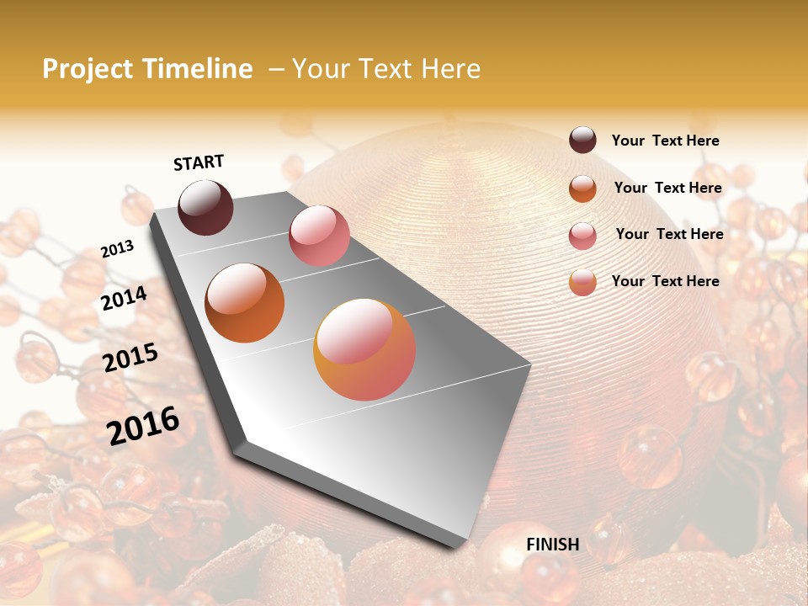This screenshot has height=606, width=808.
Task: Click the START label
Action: coord(199,162)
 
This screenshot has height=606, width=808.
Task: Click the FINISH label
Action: coord(552,545)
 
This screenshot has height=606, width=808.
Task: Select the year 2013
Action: coord(117,249)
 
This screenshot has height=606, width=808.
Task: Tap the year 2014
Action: coord(124,298)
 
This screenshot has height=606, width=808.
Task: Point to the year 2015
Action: coord(130,358)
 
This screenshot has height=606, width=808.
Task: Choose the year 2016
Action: coord(143,425)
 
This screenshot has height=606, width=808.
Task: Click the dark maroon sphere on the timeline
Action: coord(205,207)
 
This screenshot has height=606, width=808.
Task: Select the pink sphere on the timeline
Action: coord(319,236)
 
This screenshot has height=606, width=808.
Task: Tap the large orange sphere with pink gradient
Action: coord(364,349)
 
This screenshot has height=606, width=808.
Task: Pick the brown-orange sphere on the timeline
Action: coord(244,303)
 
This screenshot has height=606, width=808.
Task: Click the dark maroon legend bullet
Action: coord(582,141)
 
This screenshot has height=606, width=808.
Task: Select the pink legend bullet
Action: coord(582,236)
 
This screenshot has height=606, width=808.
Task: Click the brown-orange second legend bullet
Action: coord(582,189)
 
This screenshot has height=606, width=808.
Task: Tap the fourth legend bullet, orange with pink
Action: coord(582,282)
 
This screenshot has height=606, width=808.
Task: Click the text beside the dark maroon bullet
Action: coord(665,141)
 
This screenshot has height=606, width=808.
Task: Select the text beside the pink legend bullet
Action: coord(669,234)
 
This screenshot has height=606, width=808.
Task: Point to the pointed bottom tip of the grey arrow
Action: coord(444,547)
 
